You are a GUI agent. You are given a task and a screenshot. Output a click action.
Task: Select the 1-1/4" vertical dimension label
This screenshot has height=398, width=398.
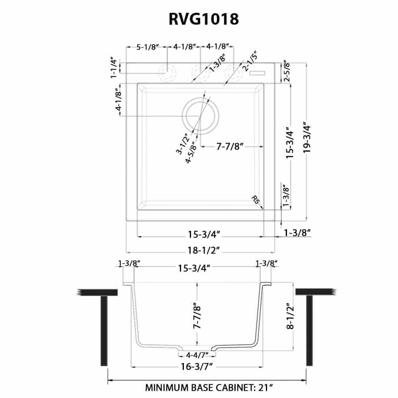pyautogui.click(x=114, y=68)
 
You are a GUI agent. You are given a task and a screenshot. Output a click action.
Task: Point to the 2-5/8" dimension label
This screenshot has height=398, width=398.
pyautogui.click(x=286, y=70)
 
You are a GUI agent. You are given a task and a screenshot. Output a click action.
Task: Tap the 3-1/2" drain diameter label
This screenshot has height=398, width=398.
pyautogui.click(x=182, y=144)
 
